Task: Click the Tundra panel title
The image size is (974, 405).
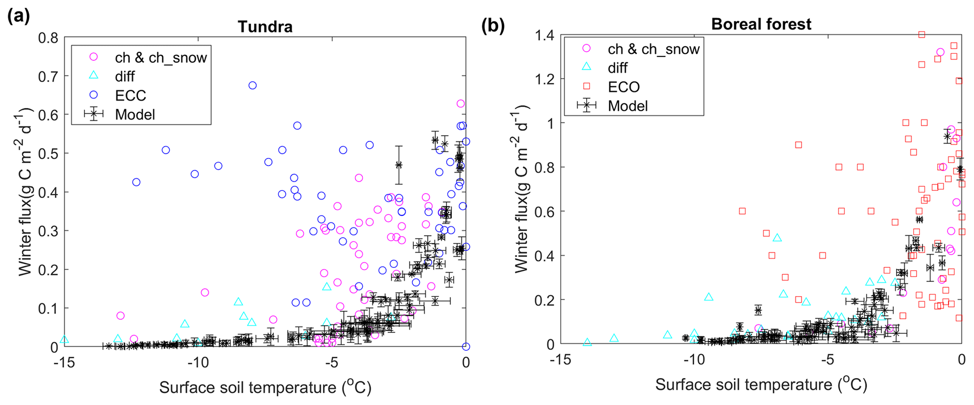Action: pyautogui.click(x=265, y=26)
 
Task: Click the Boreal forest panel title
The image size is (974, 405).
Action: pyautogui.click(x=761, y=24)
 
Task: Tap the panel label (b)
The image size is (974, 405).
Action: pyautogui.click(x=492, y=25)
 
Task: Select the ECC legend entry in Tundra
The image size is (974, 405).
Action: pyautogui.click(x=131, y=95)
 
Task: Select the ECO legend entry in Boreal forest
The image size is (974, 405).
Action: pyautogui.click(x=623, y=87)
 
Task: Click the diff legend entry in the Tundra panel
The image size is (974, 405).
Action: pyautogui.click(x=124, y=76)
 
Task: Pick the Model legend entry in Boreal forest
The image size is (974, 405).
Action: pyautogui.click(x=628, y=106)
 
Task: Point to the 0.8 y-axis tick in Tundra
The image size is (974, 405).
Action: pyautogui.click(x=49, y=37)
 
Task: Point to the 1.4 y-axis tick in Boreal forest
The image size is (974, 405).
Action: pyautogui.click(x=545, y=35)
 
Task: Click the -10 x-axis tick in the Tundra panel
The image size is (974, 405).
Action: pyautogui.click(x=198, y=363)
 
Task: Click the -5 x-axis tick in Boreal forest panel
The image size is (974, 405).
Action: pyautogui.click(x=827, y=360)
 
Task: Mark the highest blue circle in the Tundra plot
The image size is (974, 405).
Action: pyautogui.click(x=253, y=85)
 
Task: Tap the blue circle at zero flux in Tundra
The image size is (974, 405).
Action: pyautogui.click(x=466, y=347)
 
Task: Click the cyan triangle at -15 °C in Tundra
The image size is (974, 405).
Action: pyautogui.click(x=65, y=339)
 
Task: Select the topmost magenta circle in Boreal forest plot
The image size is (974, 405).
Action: pyautogui.click(x=940, y=52)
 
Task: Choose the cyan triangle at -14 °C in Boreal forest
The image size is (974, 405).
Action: pyautogui.click(x=587, y=342)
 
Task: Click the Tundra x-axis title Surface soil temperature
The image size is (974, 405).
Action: pyautogui.click(x=265, y=387)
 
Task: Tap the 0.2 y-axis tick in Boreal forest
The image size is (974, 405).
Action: pyautogui.click(x=545, y=300)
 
